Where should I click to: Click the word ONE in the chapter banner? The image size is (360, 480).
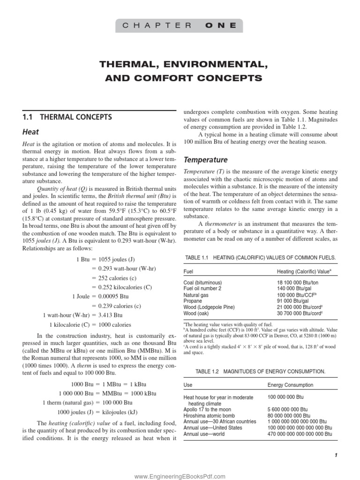pos(220,26)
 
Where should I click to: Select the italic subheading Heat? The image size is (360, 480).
pos(31,132)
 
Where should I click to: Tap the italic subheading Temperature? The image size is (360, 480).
pos(205,159)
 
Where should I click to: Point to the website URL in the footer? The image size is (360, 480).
pos(180,476)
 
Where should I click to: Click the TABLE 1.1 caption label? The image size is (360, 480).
pos(197,258)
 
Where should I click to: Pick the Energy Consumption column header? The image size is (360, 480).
pos(290,385)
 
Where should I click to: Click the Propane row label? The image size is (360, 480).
pos(193,301)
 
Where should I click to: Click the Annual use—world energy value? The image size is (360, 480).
pos(300,434)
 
